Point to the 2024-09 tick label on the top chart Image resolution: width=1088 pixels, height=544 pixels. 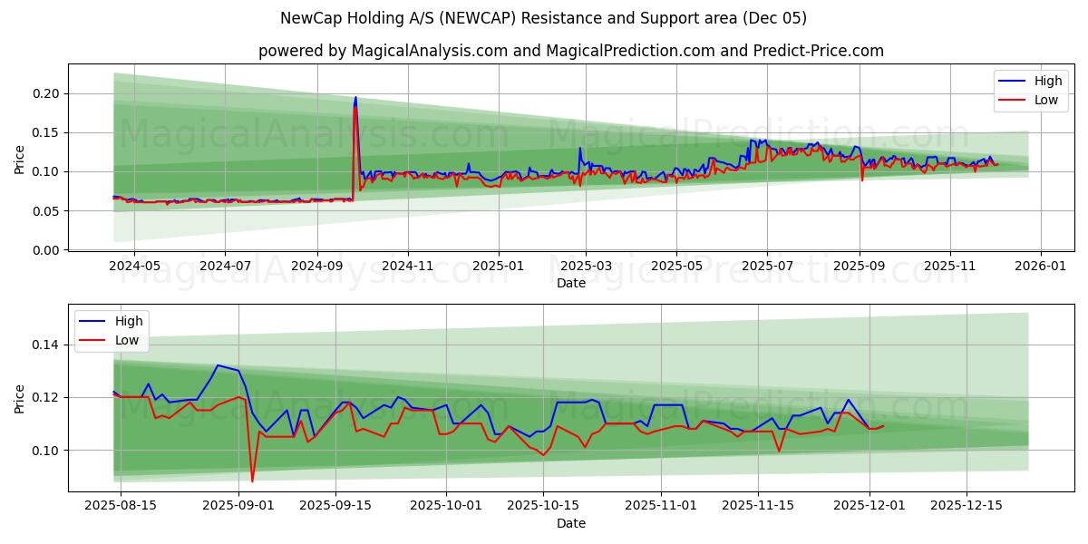317,267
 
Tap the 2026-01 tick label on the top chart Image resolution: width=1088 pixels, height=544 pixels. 1040,267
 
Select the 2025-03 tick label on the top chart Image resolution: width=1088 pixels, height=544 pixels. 586,267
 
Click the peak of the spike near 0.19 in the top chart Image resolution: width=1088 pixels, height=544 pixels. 355,98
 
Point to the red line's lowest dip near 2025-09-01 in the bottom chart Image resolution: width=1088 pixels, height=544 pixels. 252,481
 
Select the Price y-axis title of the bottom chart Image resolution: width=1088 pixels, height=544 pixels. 20,398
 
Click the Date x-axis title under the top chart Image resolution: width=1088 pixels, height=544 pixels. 571,283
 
